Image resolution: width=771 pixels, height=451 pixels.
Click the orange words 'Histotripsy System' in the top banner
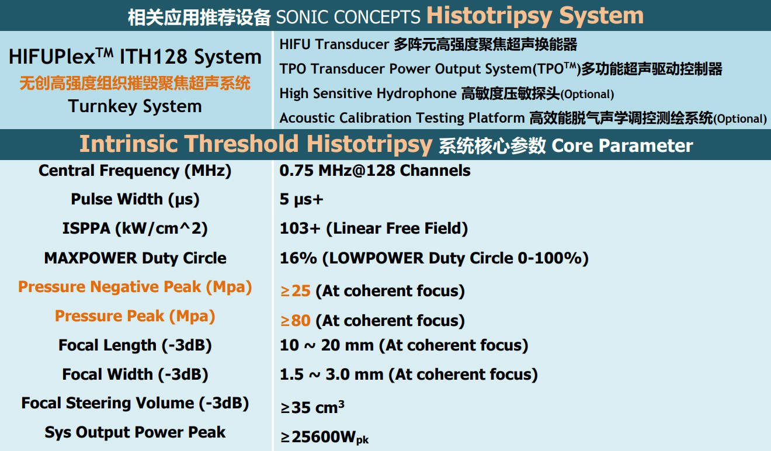point(535,16)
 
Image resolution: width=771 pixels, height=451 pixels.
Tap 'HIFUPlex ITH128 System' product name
point(135,57)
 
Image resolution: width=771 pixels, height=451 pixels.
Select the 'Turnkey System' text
point(135,106)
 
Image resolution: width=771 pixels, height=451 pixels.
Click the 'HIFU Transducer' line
point(428,44)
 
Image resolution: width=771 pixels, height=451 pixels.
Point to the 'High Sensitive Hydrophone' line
point(447,93)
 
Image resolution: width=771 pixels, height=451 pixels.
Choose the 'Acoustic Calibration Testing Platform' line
point(523,118)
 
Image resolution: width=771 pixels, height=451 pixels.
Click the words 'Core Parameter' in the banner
point(622,145)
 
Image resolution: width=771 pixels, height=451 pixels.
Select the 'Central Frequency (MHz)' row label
point(135,171)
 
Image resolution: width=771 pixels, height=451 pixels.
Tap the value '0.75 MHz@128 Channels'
point(375,171)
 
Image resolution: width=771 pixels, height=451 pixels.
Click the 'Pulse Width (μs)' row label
point(135,199)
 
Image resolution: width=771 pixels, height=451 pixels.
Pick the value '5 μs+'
point(301,200)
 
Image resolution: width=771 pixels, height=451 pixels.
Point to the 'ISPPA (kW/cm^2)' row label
point(135,228)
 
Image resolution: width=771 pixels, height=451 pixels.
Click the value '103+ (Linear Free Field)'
point(374,228)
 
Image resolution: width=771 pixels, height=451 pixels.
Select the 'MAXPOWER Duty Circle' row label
point(135,258)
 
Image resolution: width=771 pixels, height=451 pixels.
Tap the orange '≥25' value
point(296,291)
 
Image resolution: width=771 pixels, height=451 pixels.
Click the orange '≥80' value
point(296,321)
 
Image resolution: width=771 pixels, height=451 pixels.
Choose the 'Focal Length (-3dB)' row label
point(135,345)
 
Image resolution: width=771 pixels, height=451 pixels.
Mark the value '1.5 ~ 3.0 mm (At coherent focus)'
point(408,374)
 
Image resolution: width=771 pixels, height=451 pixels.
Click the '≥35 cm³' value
point(312,407)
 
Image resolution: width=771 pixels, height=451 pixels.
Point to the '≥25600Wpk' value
point(324,437)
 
